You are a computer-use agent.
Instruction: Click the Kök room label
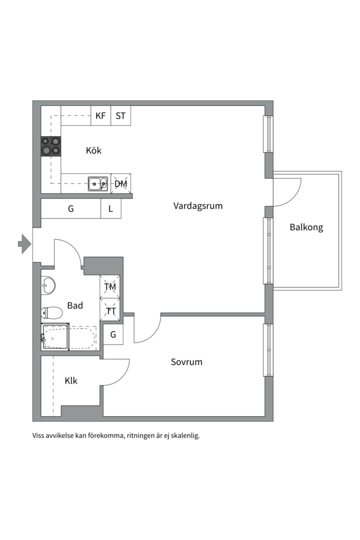point(93,150)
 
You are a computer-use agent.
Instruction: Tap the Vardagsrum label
point(198,205)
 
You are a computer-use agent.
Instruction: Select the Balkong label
point(306,227)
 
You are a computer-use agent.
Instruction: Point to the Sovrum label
point(186,361)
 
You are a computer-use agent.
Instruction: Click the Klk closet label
point(71,380)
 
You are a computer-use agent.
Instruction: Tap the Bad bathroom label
point(75,305)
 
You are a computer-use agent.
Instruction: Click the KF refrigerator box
point(100,116)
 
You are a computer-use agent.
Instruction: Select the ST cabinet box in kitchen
point(120,116)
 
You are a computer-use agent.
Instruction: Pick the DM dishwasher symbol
point(120,183)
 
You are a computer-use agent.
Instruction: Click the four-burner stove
point(51,145)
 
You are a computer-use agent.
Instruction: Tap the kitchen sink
point(97,183)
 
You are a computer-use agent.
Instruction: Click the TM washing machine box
point(110,287)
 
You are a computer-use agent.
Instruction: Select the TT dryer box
point(110,311)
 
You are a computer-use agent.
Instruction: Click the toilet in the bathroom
point(51,313)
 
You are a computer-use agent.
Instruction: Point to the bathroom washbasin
point(48,285)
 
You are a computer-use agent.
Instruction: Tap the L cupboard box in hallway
point(111,209)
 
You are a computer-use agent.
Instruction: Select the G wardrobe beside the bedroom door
point(113,334)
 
